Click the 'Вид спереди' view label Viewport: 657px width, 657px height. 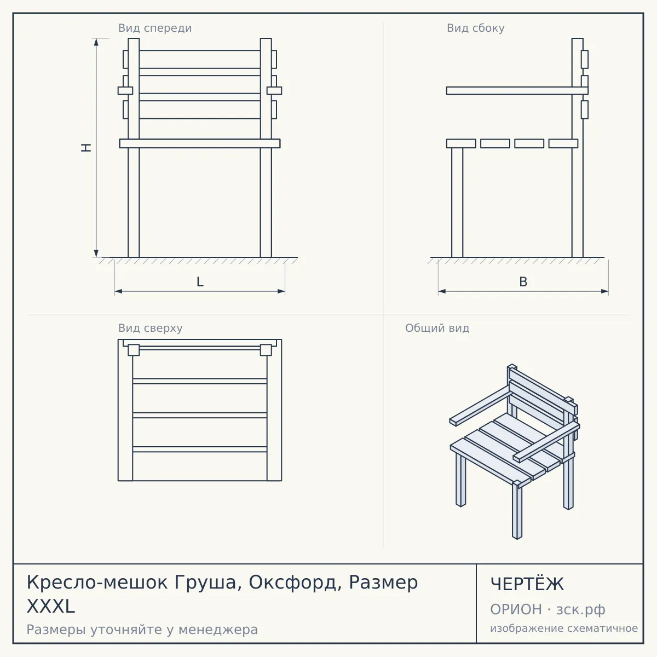click(x=155, y=28)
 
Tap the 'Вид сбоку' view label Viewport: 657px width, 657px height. click(x=476, y=28)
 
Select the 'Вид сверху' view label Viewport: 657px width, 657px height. click(x=151, y=328)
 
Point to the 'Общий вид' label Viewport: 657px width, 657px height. click(x=437, y=328)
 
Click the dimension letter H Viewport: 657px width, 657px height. click(x=87, y=147)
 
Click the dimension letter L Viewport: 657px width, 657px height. click(x=200, y=282)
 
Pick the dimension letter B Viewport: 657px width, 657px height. click(x=523, y=282)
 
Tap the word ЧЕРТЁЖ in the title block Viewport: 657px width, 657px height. click(x=527, y=584)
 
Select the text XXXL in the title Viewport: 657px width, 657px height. click(x=51, y=607)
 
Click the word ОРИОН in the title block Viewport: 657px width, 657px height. click(x=516, y=609)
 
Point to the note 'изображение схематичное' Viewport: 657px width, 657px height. click(x=564, y=629)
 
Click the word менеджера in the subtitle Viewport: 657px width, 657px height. click(x=218, y=630)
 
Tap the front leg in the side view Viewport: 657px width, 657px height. click(x=457, y=203)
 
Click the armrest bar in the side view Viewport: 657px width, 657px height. click(x=517, y=90)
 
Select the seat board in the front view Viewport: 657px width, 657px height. click(x=200, y=143)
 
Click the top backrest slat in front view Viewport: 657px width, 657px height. click(x=200, y=59)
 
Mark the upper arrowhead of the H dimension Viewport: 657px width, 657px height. click(x=96, y=42)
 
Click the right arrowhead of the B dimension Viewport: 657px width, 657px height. click(x=604, y=291)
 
